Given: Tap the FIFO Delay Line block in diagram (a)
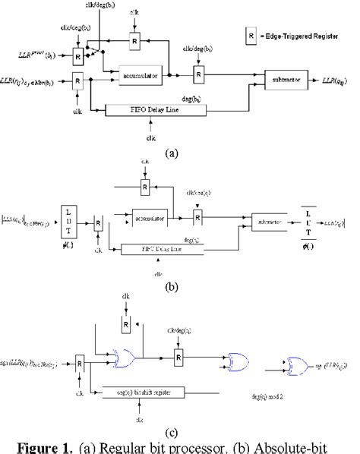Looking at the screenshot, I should pyautogui.click(x=156, y=111).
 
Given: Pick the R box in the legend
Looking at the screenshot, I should pyautogui.click(x=270, y=35).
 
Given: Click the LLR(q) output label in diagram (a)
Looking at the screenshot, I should pyautogui.click(x=336, y=78).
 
